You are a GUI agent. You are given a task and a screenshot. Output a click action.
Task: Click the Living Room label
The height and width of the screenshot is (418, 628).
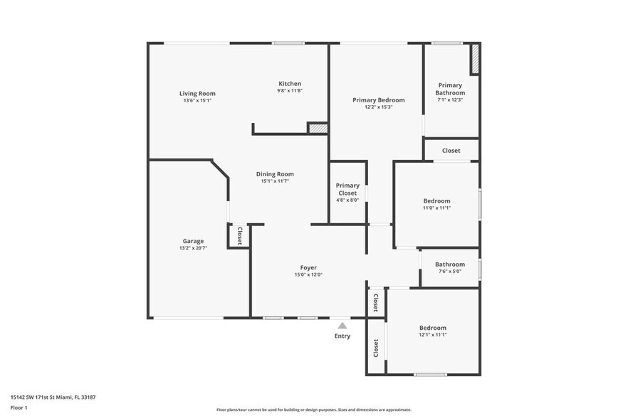pos(197,93)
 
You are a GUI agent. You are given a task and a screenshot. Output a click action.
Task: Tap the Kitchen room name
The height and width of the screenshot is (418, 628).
pos(290,84)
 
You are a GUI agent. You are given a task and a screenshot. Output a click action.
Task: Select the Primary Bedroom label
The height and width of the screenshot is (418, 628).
pos(379,100)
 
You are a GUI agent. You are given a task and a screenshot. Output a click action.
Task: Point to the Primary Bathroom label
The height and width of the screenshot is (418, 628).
pos(451,89)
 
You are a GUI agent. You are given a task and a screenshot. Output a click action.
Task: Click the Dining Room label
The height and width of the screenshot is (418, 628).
pos(275,174)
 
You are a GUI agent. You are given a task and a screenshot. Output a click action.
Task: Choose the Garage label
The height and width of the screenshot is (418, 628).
pos(193,241)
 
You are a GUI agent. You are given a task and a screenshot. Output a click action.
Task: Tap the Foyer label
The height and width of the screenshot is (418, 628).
pos(308,268)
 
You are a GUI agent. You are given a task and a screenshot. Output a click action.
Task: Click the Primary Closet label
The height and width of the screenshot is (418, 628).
pos(347,189)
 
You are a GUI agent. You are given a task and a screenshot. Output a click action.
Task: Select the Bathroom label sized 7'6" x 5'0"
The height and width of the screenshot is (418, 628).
pos(450,264)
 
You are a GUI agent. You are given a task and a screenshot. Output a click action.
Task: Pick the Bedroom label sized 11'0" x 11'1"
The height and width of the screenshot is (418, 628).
pos(436,201)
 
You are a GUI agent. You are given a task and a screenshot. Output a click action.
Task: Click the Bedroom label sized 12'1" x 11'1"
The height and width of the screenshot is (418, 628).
pos(432,328)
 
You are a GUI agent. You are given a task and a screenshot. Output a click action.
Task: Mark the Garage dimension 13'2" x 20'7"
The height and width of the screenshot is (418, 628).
pos(193,249)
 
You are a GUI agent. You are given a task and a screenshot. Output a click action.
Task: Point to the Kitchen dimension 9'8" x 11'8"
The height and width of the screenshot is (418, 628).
pos(290,91)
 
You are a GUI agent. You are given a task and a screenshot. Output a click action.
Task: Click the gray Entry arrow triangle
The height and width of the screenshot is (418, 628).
pos(342,325)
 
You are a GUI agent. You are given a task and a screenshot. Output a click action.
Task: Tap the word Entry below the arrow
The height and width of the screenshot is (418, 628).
pos(342,336)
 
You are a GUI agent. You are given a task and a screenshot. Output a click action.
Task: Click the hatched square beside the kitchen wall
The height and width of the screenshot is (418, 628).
pos(318,128)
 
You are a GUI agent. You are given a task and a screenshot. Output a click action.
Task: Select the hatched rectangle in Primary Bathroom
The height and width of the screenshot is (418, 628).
pos(474,59)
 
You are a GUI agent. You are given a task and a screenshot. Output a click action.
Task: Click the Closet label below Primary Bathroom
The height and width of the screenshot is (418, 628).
pos(451,151)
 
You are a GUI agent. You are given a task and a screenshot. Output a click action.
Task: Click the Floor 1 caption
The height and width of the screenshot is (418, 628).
pos(19,407)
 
